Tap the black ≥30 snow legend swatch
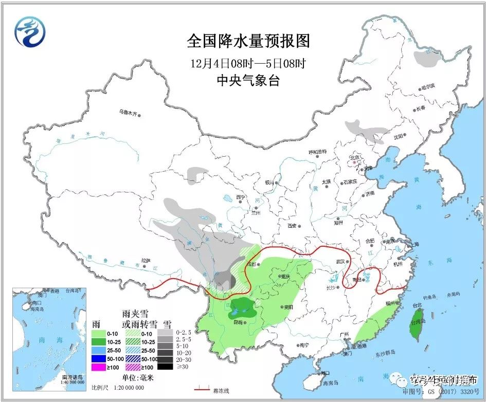coord(165,367)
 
